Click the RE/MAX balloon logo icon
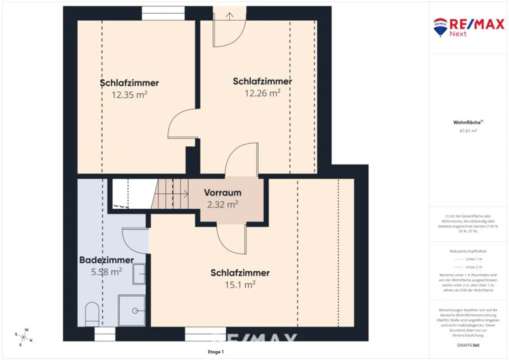440,27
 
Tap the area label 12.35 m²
129,95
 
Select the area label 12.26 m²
262,93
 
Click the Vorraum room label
223,193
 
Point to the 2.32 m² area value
223,205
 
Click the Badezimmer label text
106,260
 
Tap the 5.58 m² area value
106,272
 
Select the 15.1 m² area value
240,285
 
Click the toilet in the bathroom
92,313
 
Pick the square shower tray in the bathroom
132,310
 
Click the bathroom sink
139,274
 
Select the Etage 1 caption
216,352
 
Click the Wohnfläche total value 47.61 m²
468,131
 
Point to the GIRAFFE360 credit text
468,345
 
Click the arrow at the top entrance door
230,16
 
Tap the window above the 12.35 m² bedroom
163,13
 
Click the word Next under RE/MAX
458,34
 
